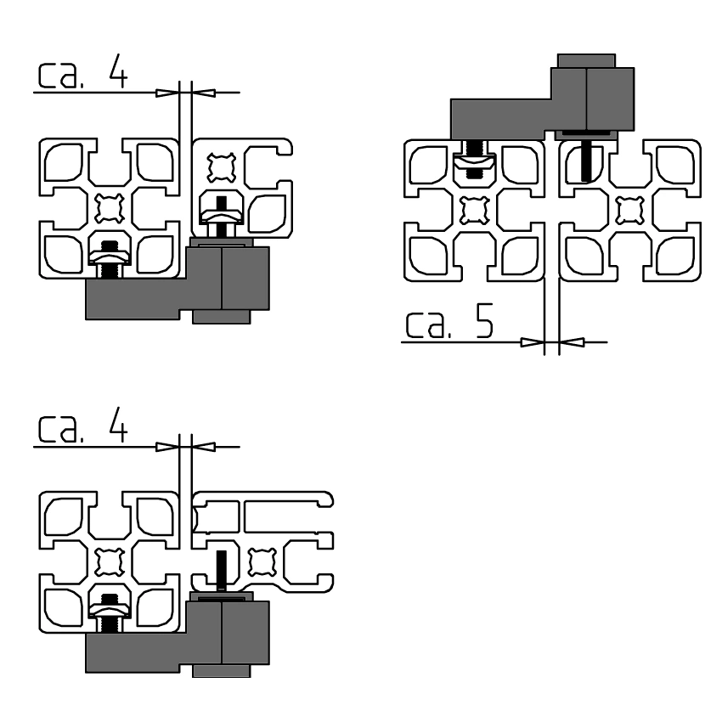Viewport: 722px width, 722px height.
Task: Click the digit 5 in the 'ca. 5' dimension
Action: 483,320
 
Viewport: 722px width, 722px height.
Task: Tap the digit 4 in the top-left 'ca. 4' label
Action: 118,71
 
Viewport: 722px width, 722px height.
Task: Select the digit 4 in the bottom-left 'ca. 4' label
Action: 118,425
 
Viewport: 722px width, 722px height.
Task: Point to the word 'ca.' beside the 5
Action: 427,324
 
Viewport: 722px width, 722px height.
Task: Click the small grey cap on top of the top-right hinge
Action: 586,61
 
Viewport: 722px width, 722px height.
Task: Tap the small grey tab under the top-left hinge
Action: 222,317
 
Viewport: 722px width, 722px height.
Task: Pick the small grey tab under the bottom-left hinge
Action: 222,671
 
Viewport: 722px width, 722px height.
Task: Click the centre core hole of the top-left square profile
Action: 109,208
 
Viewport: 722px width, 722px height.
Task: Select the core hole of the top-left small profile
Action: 222,167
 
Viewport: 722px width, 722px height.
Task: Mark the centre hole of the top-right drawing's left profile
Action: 474,211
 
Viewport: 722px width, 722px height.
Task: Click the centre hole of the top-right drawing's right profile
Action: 629,211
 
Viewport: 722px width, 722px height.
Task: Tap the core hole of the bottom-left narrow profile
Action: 262,562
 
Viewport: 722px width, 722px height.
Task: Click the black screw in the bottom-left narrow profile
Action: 222,570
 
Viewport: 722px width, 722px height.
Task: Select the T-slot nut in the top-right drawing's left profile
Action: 474,162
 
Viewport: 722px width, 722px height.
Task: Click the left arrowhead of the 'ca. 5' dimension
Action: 533,342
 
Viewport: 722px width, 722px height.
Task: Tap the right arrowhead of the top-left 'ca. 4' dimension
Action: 203,93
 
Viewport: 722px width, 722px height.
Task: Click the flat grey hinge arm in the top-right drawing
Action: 502,119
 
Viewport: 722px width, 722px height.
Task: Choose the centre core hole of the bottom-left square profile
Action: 109,562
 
